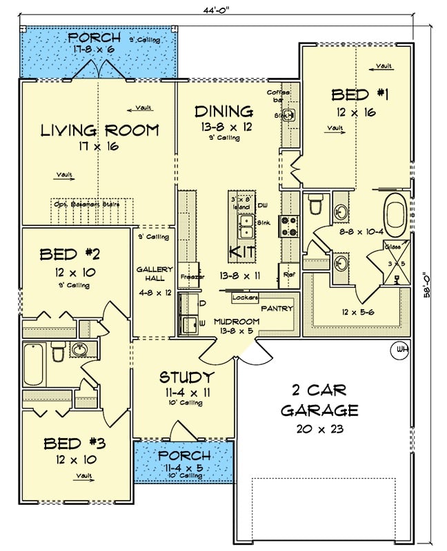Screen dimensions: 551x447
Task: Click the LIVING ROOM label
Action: coord(99,130)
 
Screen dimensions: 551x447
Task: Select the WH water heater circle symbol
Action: coord(400,349)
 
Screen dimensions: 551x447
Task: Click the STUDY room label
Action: coord(186,377)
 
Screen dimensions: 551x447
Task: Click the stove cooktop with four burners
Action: coord(289,226)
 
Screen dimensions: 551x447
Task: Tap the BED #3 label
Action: coord(75,442)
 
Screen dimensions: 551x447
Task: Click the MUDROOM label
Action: coord(235,322)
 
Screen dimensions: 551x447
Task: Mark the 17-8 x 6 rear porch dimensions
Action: coord(99,49)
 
